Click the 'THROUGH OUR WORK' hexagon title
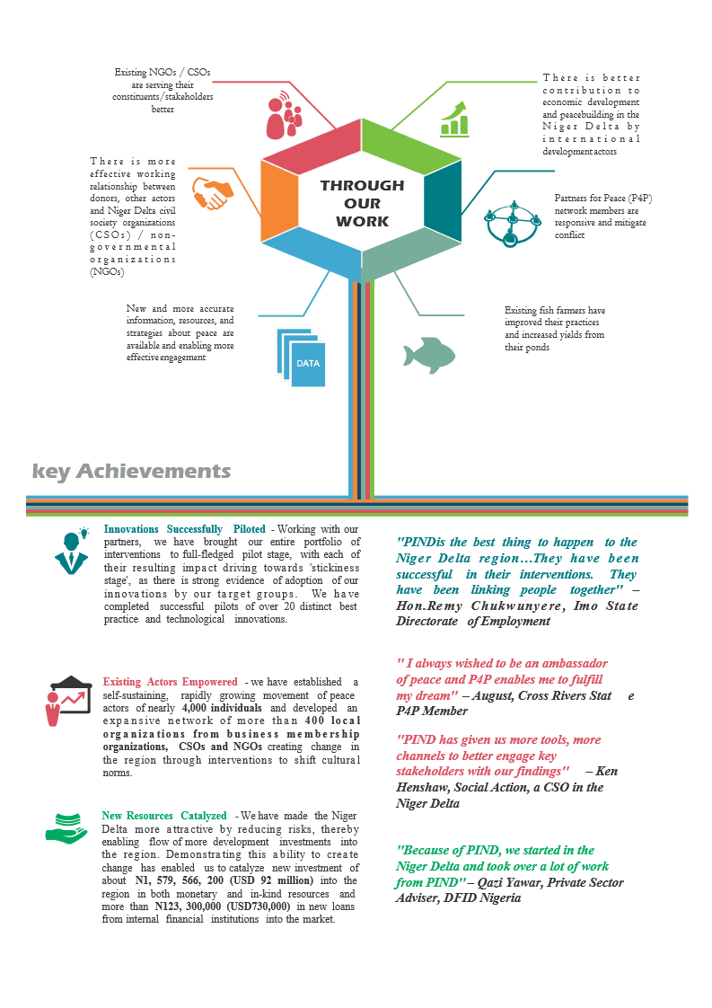(363, 203)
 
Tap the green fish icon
(428, 355)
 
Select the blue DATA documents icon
(301, 358)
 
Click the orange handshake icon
(213, 193)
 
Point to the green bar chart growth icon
(454, 119)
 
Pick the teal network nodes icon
(513, 224)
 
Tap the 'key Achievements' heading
(131, 472)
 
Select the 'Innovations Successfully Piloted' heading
(184, 529)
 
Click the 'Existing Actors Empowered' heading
(170, 681)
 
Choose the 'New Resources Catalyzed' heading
(164, 815)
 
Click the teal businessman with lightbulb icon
(72, 551)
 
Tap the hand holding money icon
(66, 828)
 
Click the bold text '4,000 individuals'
(222, 708)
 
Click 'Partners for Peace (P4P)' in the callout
(603, 198)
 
